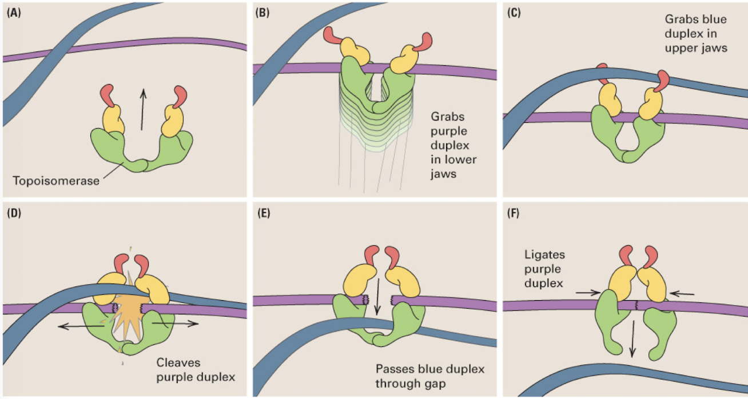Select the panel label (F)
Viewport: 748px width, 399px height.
(x=512, y=213)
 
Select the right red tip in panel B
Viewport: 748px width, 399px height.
(x=425, y=42)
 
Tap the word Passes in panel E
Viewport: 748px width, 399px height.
(x=392, y=369)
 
